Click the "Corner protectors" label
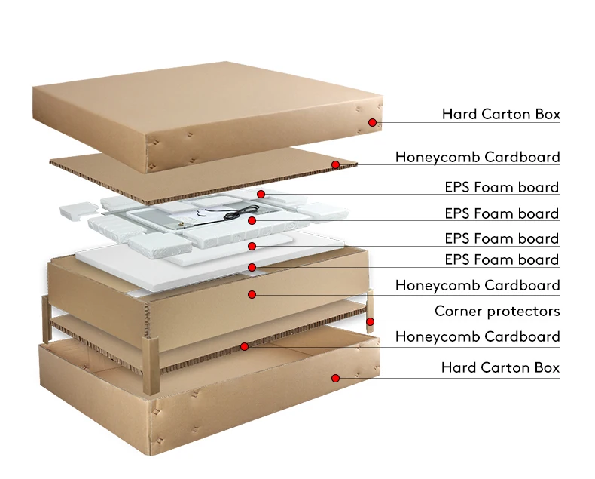(497, 311)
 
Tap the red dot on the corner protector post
(371, 322)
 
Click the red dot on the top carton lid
(372, 122)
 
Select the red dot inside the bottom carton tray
(336, 378)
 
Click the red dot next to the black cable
(252, 220)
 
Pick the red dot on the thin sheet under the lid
(335, 164)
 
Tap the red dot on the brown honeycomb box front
(252, 294)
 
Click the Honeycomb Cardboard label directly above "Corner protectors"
(478, 285)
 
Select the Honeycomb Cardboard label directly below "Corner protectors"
(478, 336)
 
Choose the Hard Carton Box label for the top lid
(501, 115)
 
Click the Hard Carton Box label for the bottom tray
(501, 367)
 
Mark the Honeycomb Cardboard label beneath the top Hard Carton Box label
(478, 157)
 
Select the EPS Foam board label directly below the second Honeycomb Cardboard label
(502, 187)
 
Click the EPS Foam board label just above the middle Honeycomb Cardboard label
(502, 259)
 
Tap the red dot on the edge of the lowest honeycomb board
(244, 346)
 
